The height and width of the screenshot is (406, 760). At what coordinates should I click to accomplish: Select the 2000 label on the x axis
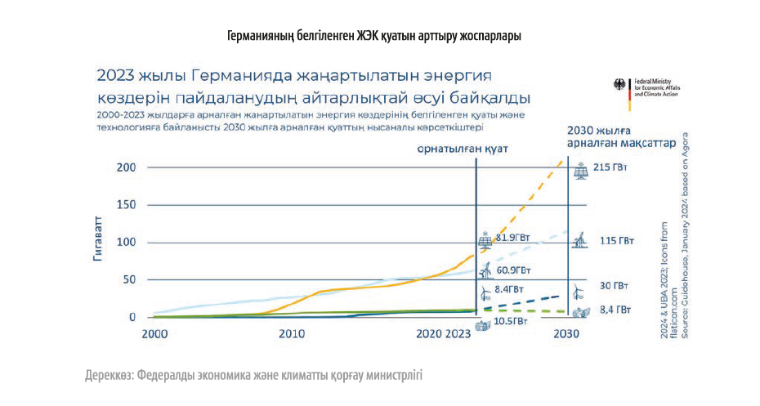[154, 334]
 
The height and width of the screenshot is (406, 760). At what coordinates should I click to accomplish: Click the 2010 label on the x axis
[292, 334]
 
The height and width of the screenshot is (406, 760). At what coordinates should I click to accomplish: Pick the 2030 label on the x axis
[566, 334]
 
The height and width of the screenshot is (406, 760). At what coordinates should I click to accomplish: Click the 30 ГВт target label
[614, 286]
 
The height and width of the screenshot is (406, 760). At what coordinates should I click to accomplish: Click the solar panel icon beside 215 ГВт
[581, 171]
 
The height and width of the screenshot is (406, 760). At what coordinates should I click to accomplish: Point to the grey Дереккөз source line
[253, 376]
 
